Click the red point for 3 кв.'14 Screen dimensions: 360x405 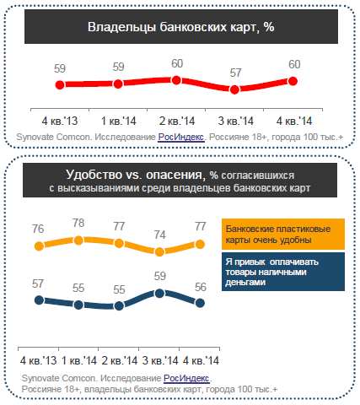click(x=234, y=90)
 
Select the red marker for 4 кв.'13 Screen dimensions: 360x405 click(x=60, y=85)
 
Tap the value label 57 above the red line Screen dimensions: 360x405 click(x=235, y=73)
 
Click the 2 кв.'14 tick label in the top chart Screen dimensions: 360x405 click(x=177, y=121)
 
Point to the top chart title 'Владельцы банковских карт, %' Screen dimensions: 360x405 click(x=181, y=27)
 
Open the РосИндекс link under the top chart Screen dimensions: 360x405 click(x=181, y=137)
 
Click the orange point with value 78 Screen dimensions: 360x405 click(x=78, y=240)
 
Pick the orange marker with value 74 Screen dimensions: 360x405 click(x=159, y=251)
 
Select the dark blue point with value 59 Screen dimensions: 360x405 click(x=159, y=294)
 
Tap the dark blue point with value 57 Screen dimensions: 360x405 click(x=39, y=300)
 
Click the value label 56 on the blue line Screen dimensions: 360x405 click(x=201, y=287)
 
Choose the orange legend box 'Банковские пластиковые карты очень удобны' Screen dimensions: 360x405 click(x=283, y=234)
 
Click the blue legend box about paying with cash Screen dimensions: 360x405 click(x=283, y=272)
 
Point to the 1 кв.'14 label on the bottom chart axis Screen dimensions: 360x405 click(x=79, y=360)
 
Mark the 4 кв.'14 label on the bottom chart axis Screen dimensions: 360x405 click(x=201, y=360)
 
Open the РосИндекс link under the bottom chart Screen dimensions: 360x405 click(x=186, y=378)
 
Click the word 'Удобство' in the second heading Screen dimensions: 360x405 click(x=94, y=175)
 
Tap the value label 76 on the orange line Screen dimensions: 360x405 click(x=38, y=229)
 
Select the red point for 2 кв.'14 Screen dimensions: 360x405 click(x=176, y=80)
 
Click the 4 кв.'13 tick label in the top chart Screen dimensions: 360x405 click(x=60, y=121)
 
